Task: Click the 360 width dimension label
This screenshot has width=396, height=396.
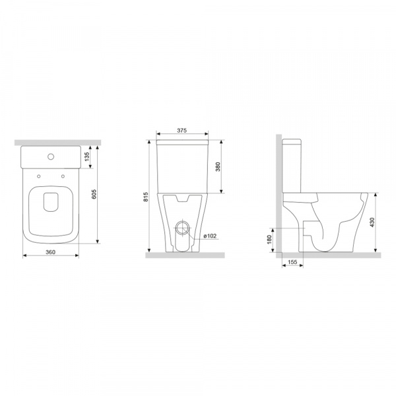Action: pyautogui.click(x=51, y=252)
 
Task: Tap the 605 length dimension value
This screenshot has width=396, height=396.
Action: pyautogui.click(x=94, y=194)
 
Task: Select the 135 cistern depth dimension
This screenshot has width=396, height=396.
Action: pyautogui.click(x=87, y=157)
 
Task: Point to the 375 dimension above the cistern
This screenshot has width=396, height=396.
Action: pyautogui.click(x=181, y=130)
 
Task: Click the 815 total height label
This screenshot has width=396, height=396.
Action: pyautogui.click(x=146, y=197)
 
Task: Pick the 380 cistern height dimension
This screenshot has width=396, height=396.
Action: pyautogui.click(x=218, y=167)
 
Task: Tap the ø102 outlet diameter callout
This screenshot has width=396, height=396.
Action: pyautogui.click(x=210, y=236)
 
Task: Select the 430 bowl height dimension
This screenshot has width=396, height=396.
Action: pyautogui.click(x=372, y=222)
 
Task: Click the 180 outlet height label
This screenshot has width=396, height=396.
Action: pyautogui.click(x=269, y=240)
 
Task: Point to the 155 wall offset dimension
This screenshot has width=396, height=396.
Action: pyautogui.click(x=292, y=262)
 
